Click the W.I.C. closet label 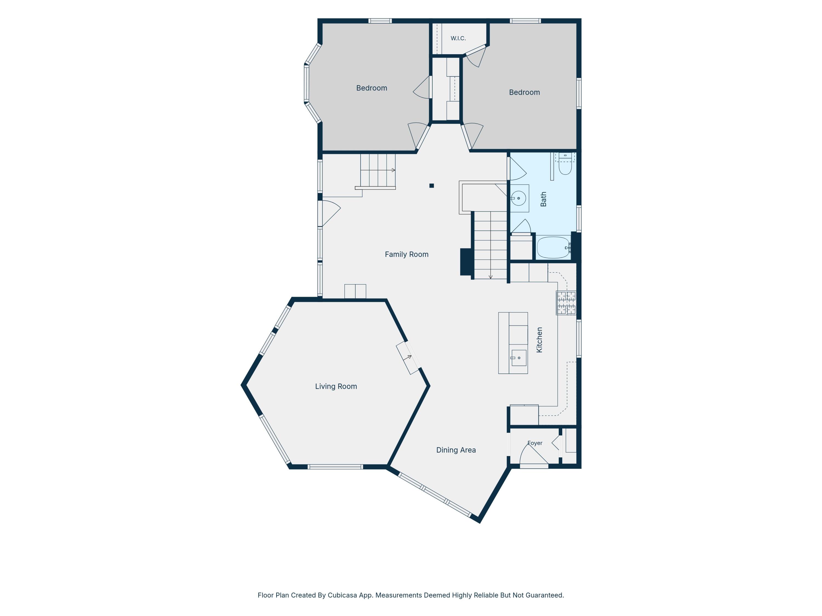458,38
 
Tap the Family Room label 407,254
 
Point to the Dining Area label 456,450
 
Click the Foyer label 535,443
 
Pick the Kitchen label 539,340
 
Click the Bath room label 543,199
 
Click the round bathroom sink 518,198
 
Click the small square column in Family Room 432,186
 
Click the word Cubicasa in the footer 342,595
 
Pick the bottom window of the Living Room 335,467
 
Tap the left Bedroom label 372,88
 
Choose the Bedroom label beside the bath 524,93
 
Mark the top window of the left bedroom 380,21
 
